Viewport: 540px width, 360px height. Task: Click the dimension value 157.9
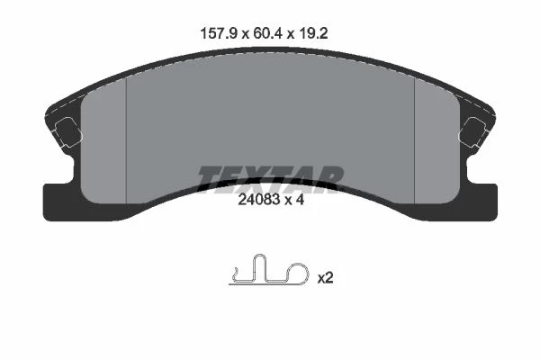219,34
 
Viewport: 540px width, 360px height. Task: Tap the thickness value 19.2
313,34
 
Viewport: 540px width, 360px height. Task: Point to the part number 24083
259,200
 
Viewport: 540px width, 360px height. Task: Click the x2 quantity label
325,278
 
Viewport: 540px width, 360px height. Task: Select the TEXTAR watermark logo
271,179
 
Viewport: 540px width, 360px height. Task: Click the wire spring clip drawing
269,270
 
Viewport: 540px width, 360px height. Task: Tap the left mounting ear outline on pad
68,132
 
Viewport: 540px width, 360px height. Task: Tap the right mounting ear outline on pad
473,132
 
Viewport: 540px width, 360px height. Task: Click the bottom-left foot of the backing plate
62,202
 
